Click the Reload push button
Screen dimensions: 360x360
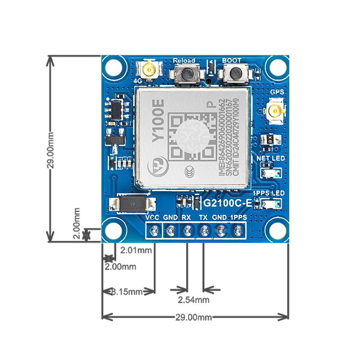[x=184, y=73]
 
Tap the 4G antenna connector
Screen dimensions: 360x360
[x=149, y=70]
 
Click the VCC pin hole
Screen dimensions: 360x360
[x=153, y=231]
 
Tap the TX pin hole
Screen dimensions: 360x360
[x=203, y=231]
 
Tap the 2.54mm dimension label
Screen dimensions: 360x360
[x=193, y=300]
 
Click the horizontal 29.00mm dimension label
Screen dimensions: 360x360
[x=193, y=317]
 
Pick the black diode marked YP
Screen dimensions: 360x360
[x=132, y=203]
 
